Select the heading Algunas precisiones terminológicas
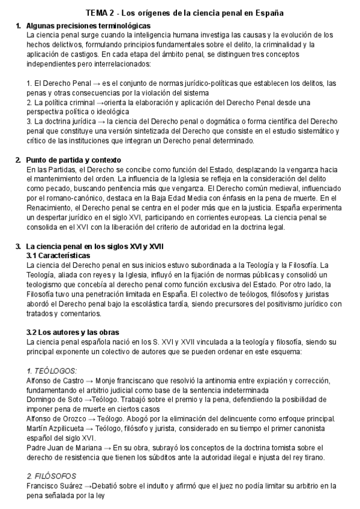click(89, 26)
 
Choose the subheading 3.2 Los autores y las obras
click(74, 332)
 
